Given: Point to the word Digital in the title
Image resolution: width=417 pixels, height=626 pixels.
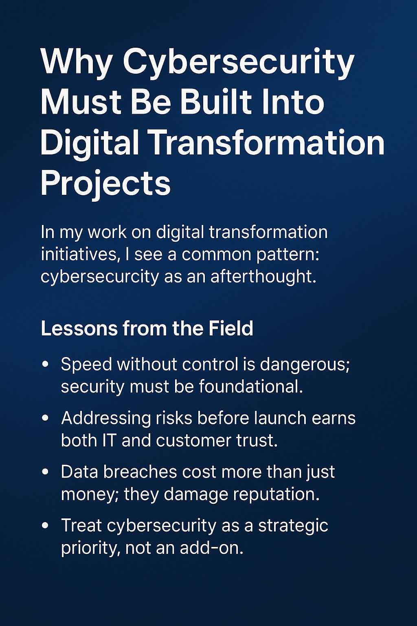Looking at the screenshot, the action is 90,144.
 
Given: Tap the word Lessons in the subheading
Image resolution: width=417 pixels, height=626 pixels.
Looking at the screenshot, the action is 79,328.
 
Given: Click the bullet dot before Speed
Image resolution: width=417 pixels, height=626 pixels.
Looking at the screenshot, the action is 45,365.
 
